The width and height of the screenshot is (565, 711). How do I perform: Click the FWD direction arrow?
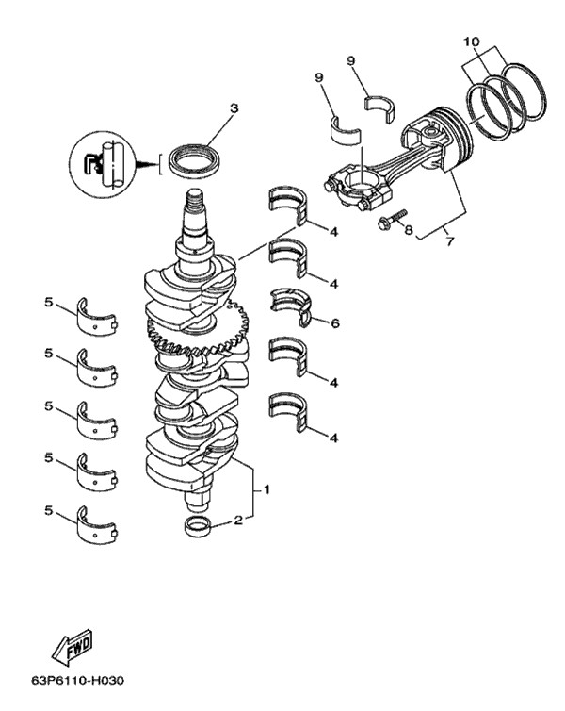click(72, 647)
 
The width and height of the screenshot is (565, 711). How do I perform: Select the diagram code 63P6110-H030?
click(77, 681)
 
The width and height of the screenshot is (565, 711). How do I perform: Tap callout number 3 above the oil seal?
click(234, 108)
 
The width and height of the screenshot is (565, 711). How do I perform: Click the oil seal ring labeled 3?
click(194, 160)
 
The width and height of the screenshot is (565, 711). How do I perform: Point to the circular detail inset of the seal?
click(102, 164)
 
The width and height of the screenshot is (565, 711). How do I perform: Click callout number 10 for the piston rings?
click(471, 41)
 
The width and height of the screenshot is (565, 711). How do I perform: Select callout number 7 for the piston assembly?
click(449, 241)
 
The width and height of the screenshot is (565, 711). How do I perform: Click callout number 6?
click(334, 322)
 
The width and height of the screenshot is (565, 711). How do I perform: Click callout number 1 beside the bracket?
click(267, 489)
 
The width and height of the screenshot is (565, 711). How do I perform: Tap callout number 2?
click(238, 520)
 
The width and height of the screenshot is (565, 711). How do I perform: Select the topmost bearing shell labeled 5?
click(97, 319)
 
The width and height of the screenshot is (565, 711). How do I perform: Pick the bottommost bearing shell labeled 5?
click(97, 526)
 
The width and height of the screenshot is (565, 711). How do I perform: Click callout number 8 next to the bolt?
click(409, 230)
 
